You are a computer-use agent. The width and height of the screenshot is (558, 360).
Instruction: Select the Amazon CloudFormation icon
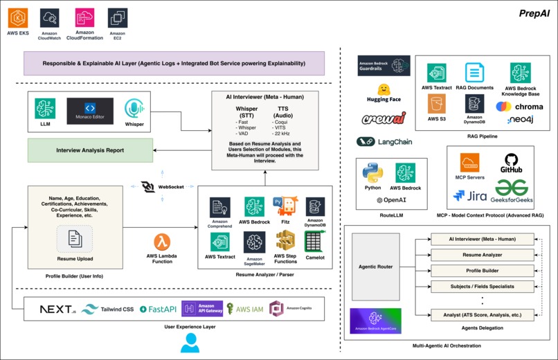click(x=85, y=18)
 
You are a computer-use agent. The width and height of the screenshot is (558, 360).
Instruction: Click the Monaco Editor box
click(x=89, y=111)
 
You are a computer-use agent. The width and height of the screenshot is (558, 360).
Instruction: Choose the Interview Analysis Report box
click(x=91, y=150)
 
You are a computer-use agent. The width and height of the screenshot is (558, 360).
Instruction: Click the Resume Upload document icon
click(x=75, y=238)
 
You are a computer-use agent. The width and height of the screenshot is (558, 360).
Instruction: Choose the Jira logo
click(x=471, y=195)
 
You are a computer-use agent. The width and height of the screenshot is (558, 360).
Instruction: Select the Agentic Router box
click(x=377, y=267)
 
